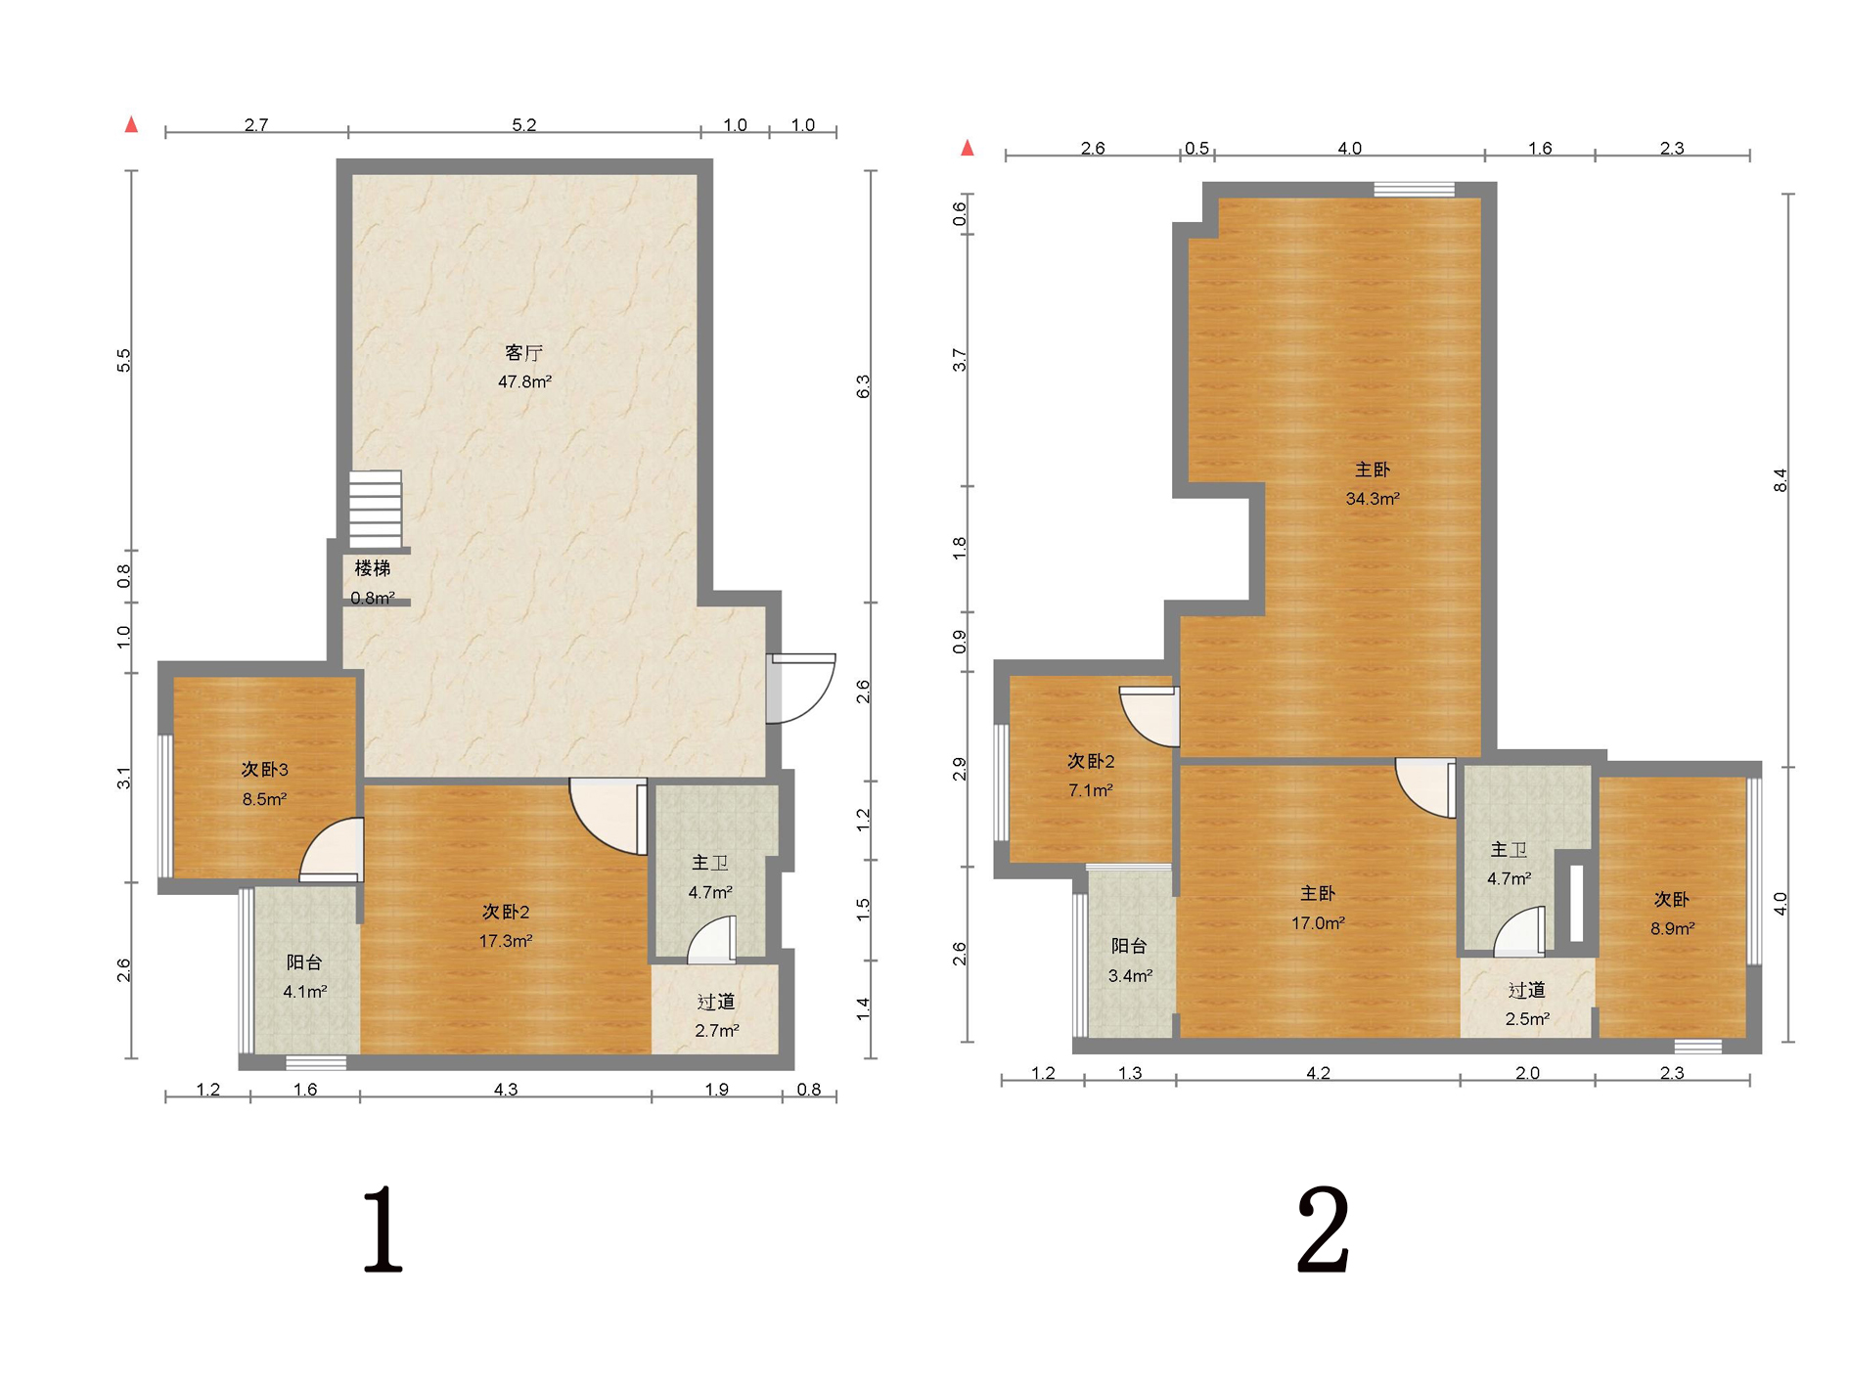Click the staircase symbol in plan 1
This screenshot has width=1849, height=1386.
pos(376,509)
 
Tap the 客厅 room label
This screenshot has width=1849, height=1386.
pos(523,352)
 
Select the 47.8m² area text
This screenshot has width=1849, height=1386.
pos(524,381)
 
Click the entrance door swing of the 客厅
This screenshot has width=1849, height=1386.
pos(801,689)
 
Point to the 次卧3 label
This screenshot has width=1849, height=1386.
pos(264,770)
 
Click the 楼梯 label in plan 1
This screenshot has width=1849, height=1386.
pos(373,568)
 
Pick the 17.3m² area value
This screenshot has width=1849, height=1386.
pos(506,941)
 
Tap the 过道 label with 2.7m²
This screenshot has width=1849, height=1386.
pos(716,1002)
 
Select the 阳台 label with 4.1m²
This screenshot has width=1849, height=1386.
pos(304,962)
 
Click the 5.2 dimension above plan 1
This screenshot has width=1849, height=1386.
pos(524,125)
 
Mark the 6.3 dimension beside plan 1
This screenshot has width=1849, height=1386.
pos(863,386)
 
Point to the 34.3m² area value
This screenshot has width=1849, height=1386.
pos(1373,499)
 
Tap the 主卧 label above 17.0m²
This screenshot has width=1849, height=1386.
pos(1318,893)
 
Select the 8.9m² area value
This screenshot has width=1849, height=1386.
pos(1673,928)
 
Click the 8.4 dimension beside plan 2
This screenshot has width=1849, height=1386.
pos(1781,480)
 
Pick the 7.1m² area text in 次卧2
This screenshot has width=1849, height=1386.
pos(1091,790)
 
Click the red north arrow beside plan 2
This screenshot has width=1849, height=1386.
pos(968,148)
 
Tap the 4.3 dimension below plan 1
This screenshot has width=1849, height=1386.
pos(506,1089)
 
